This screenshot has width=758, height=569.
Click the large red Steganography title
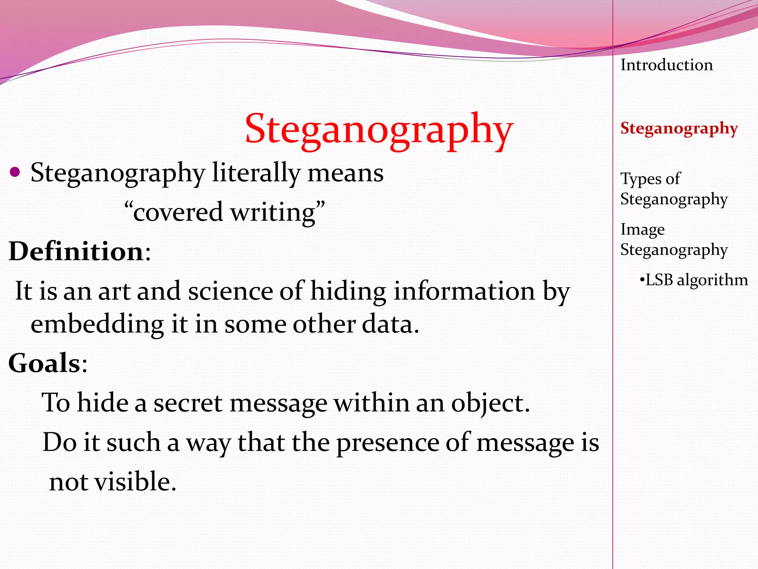click(379, 130)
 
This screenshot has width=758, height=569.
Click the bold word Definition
click(76, 252)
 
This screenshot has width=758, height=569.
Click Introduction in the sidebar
click(667, 65)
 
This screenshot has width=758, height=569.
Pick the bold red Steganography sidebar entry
click(679, 129)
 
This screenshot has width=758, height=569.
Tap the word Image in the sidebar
click(643, 230)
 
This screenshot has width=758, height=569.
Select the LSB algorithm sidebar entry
click(694, 280)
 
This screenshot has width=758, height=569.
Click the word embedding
click(97, 325)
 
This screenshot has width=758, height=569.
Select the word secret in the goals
click(188, 403)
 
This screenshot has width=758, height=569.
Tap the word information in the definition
click(464, 291)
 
